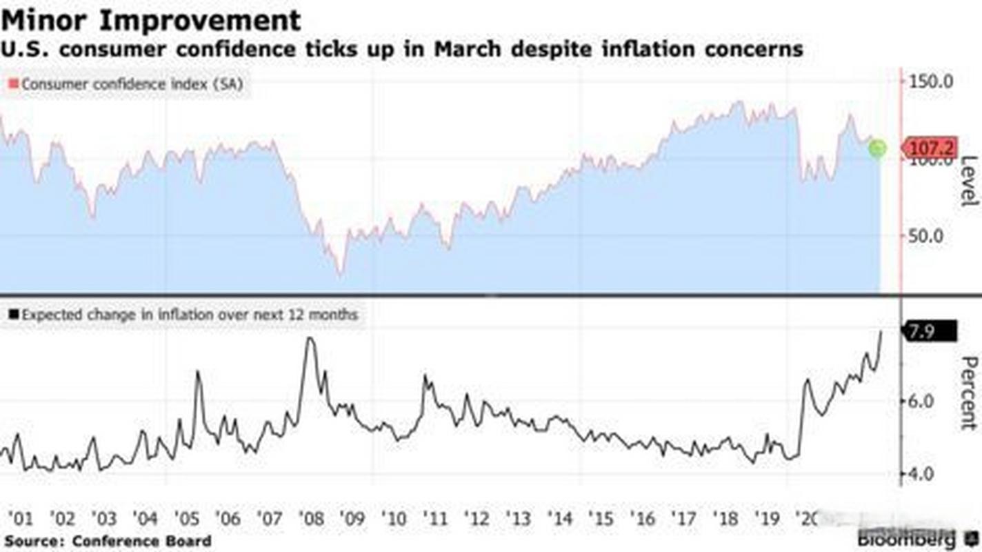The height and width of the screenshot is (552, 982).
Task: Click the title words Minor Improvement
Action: pos(151,20)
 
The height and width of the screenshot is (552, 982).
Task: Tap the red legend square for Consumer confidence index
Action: pos(13,84)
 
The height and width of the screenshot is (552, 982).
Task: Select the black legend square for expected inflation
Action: pos(13,315)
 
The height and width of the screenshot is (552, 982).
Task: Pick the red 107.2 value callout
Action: pos(930,148)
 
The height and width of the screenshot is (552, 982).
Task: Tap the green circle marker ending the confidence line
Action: pos(876,148)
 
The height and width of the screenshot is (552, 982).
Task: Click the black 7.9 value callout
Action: pos(929,331)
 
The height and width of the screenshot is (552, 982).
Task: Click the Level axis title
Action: pos(969,181)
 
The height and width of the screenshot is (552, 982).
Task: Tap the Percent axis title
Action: pos(969,393)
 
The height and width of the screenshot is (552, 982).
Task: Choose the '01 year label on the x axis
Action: pos(20,517)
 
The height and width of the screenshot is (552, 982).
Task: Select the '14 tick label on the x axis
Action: pos(560,517)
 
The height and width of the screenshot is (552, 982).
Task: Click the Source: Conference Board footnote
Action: pos(108,540)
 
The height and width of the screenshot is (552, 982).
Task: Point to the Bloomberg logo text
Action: pos(907,538)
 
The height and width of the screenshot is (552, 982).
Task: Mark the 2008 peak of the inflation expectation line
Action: pos(310,338)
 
